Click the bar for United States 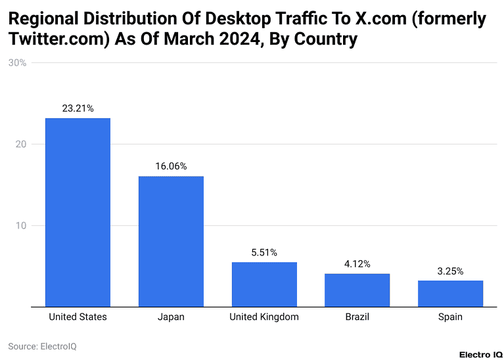(x=78, y=212)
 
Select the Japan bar (x=171, y=241)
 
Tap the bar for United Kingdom (x=264, y=284)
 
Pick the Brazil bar (x=357, y=290)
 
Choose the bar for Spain (x=450, y=293)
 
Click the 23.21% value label (x=78, y=108)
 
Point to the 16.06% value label (x=171, y=166)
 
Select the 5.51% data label (x=264, y=252)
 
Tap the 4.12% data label (x=357, y=263)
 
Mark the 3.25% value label (x=450, y=271)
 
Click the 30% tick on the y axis (x=17, y=63)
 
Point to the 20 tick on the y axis (x=20, y=145)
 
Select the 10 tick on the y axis (x=20, y=226)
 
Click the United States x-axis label (x=78, y=317)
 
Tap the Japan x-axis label (x=171, y=317)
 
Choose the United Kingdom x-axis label (x=264, y=317)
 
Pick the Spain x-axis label (x=450, y=317)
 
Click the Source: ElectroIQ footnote (x=42, y=346)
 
